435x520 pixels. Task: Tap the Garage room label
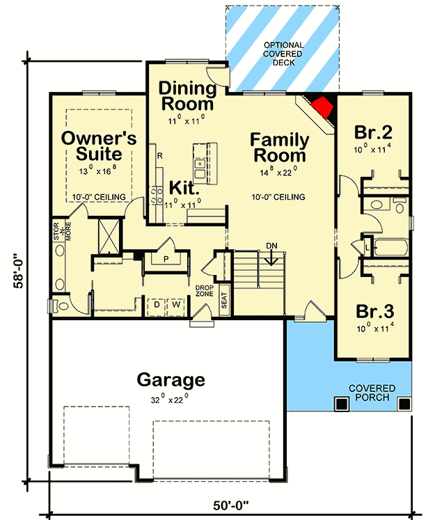pos(171,380)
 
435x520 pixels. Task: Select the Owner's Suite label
pos(93,145)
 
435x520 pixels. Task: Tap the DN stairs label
pos(272,246)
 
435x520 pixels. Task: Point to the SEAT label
pos(225,301)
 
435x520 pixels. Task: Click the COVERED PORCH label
pos(372,393)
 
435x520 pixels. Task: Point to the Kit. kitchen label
pos(184,187)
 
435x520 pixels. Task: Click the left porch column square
pos(340,403)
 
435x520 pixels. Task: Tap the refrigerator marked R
pos(159,155)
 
